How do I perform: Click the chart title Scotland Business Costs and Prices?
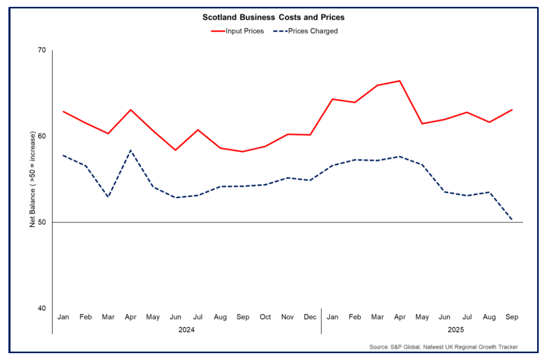(x=274, y=17)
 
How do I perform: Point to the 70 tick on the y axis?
(x=42, y=51)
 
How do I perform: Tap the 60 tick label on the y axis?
(x=42, y=136)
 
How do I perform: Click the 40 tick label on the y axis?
(x=42, y=308)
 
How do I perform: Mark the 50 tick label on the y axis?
(x=42, y=223)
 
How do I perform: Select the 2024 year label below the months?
(x=187, y=329)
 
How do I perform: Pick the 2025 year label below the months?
(x=456, y=329)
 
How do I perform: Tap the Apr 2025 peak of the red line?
(x=399, y=81)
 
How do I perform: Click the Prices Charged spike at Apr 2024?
(x=130, y=151)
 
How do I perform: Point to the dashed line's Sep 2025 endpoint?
(x=512, y=220)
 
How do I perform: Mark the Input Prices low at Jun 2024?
(x=175, y=150)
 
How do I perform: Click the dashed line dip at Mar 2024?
(x=108, y=197)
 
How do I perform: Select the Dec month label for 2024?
(x=310, y=317)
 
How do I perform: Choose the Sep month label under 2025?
(x=512, y=317)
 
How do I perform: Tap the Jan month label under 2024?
(x=63, y=317)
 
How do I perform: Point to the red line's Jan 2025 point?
(x=332, y=99)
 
